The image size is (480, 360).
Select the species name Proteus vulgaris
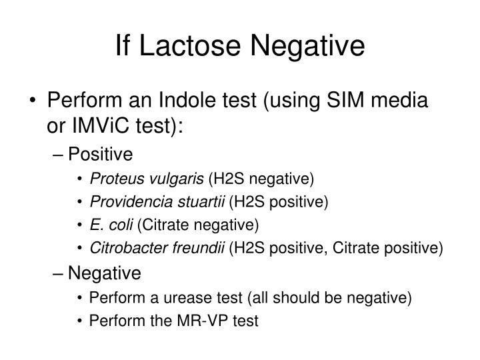147,179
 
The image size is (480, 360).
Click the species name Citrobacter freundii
158,248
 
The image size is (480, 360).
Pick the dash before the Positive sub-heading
59,155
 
